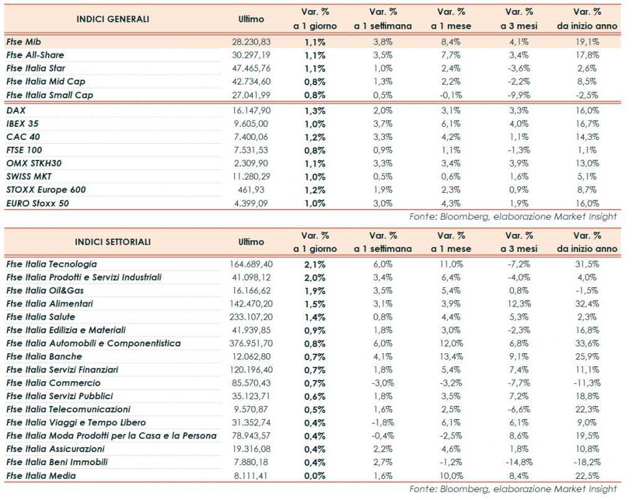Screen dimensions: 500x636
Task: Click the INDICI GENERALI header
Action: tap(112, 19)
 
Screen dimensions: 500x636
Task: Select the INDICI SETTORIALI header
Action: tap(112, 242)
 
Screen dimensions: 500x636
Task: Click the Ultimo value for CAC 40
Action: tap(253, 137)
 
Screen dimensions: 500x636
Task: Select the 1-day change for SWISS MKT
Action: tap(315, 177)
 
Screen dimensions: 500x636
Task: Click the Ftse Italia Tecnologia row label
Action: tap(52, 264)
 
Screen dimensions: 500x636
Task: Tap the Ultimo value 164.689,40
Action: tap(250, 264)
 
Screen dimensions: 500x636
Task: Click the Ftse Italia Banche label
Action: tap(44, 356)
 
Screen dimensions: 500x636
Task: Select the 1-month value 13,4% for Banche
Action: tap(452, 356)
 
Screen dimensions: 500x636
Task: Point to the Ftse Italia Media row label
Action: tap(41, 476)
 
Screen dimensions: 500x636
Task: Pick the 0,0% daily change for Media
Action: tap(315, 476)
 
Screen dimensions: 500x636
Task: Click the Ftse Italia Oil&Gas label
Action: tap(45, 290)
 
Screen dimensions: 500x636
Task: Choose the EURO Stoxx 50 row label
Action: tap(38, 203)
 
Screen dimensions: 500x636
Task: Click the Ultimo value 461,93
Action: tap(257, 190)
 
